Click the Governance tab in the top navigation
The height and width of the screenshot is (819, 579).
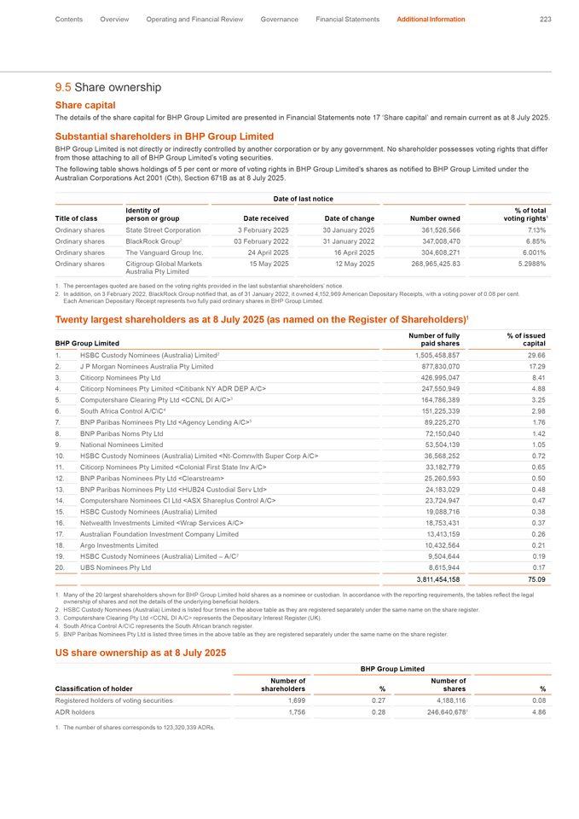280,19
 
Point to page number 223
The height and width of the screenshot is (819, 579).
545,19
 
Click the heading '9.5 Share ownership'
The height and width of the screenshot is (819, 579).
107,87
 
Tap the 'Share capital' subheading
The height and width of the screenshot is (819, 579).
85,104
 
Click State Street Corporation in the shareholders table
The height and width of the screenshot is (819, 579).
163,229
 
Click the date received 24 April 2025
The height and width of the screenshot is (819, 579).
248,253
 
